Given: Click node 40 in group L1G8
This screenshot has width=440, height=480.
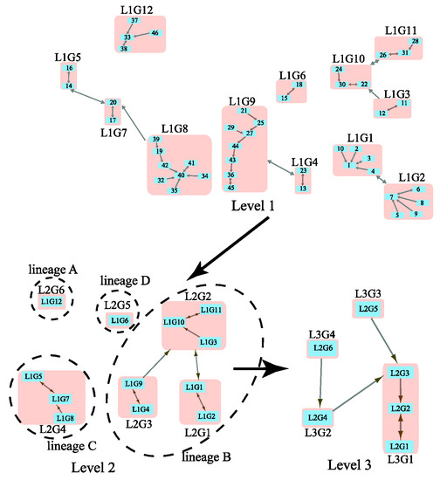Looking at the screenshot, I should tap(181, 175).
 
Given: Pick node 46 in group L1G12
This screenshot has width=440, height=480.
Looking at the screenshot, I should tap(155, 33).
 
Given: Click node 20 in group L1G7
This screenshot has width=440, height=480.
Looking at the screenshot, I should tap(113, 103).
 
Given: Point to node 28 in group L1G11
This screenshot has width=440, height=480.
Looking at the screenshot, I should tap(415, 42).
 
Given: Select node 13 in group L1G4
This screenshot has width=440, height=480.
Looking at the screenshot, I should tap(302, 188).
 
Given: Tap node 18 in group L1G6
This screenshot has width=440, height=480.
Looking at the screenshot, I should tap(299, 85).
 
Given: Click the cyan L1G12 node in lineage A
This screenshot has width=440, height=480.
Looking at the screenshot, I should tap(52, 301).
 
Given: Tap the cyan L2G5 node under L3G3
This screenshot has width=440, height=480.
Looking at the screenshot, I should tap(367, 309).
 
